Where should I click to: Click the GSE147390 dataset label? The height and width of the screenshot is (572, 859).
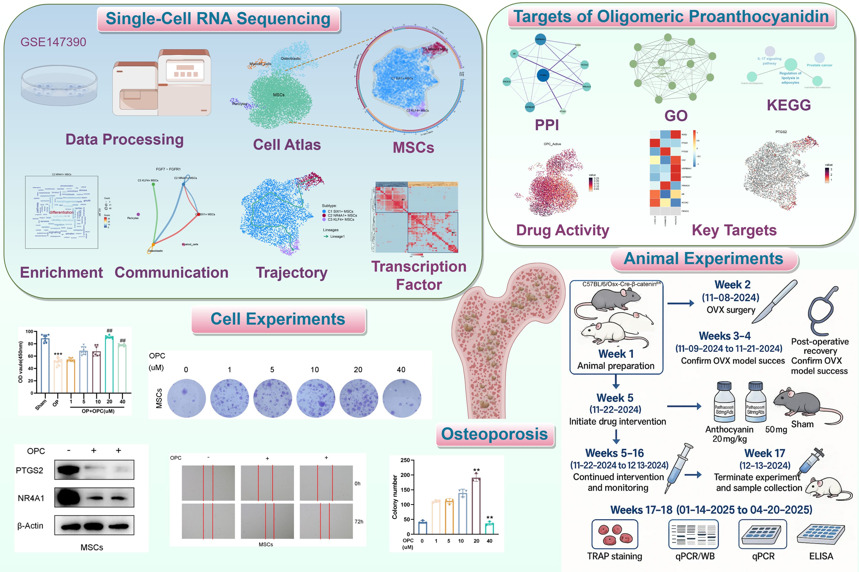(x=53, y=42)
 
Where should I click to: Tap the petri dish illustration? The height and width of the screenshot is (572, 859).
(x=59, y=86)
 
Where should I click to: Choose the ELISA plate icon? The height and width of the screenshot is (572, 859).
(x=821, y=535)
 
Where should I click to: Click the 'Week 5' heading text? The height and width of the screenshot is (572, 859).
(x=615, y=398)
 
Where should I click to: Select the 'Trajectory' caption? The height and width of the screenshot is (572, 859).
(x=291, y=273)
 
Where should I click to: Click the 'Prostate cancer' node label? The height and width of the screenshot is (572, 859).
(x=819, y=65)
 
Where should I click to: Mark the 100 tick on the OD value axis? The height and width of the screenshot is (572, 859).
(x=29, y=332)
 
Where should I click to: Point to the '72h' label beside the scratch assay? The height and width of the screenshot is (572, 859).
(x=359, y=522)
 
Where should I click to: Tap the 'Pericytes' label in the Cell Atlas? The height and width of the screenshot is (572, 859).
(x=239, y=104)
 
